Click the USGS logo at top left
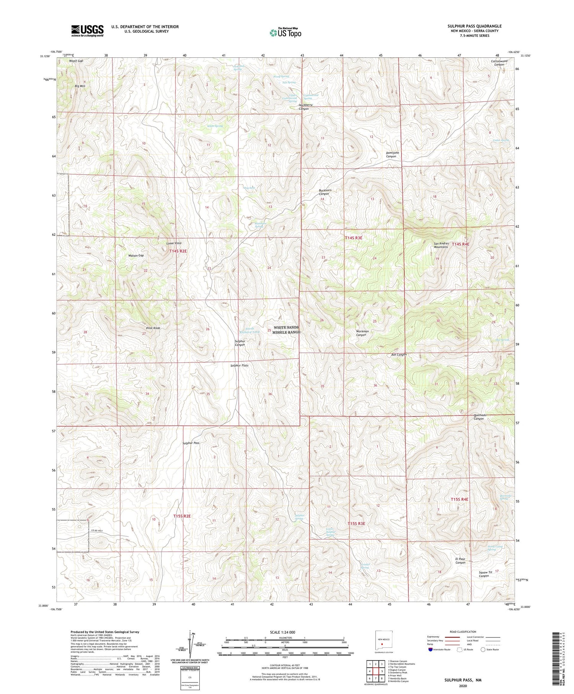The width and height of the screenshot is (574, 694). point(87,31)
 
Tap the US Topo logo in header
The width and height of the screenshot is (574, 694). point(285,33)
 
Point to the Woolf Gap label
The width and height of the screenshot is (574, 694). point(76,61)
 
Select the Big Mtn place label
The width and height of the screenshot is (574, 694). point(80,86)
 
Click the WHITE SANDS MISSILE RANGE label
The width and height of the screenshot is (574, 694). point(286,330)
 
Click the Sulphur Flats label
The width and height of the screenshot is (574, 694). point(239,366)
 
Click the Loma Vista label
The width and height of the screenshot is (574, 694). point(174,243)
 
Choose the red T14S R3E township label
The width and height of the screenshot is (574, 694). point(353,238)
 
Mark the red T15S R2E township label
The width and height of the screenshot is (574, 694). point(182,516)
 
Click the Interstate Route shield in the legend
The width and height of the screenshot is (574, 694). point(431,650)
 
